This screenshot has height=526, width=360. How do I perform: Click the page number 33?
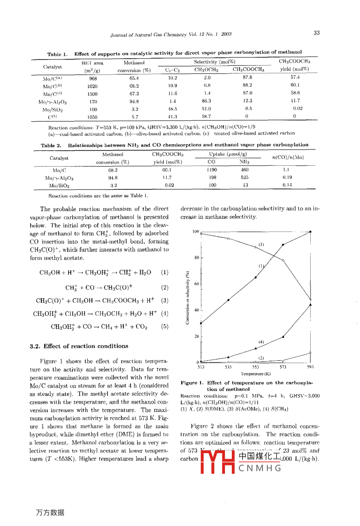click(x=316, y=33)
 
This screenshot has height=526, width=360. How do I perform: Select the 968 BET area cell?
click(x=92, y=79)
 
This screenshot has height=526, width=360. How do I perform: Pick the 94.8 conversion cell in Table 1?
click(x=134, y=102)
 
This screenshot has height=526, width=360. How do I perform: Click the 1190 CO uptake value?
click(x=211, y=170)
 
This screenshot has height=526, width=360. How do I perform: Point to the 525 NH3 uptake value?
click(x=245, y=178)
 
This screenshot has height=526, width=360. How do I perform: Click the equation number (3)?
click(x=164, y=300)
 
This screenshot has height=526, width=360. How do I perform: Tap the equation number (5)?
click(x=164, y=327)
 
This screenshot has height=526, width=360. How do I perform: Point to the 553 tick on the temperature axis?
click(x=256, y=367)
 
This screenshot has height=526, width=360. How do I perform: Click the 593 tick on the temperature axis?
click(x=310, y=367)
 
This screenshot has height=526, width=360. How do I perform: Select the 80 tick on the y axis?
click(x=196, y=258)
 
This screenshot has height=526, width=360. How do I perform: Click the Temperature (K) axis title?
click(x=256, y=374)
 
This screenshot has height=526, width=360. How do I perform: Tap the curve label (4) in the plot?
click(x=261, y=342)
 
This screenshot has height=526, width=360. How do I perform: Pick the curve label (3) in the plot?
click(x=261, y=244)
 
